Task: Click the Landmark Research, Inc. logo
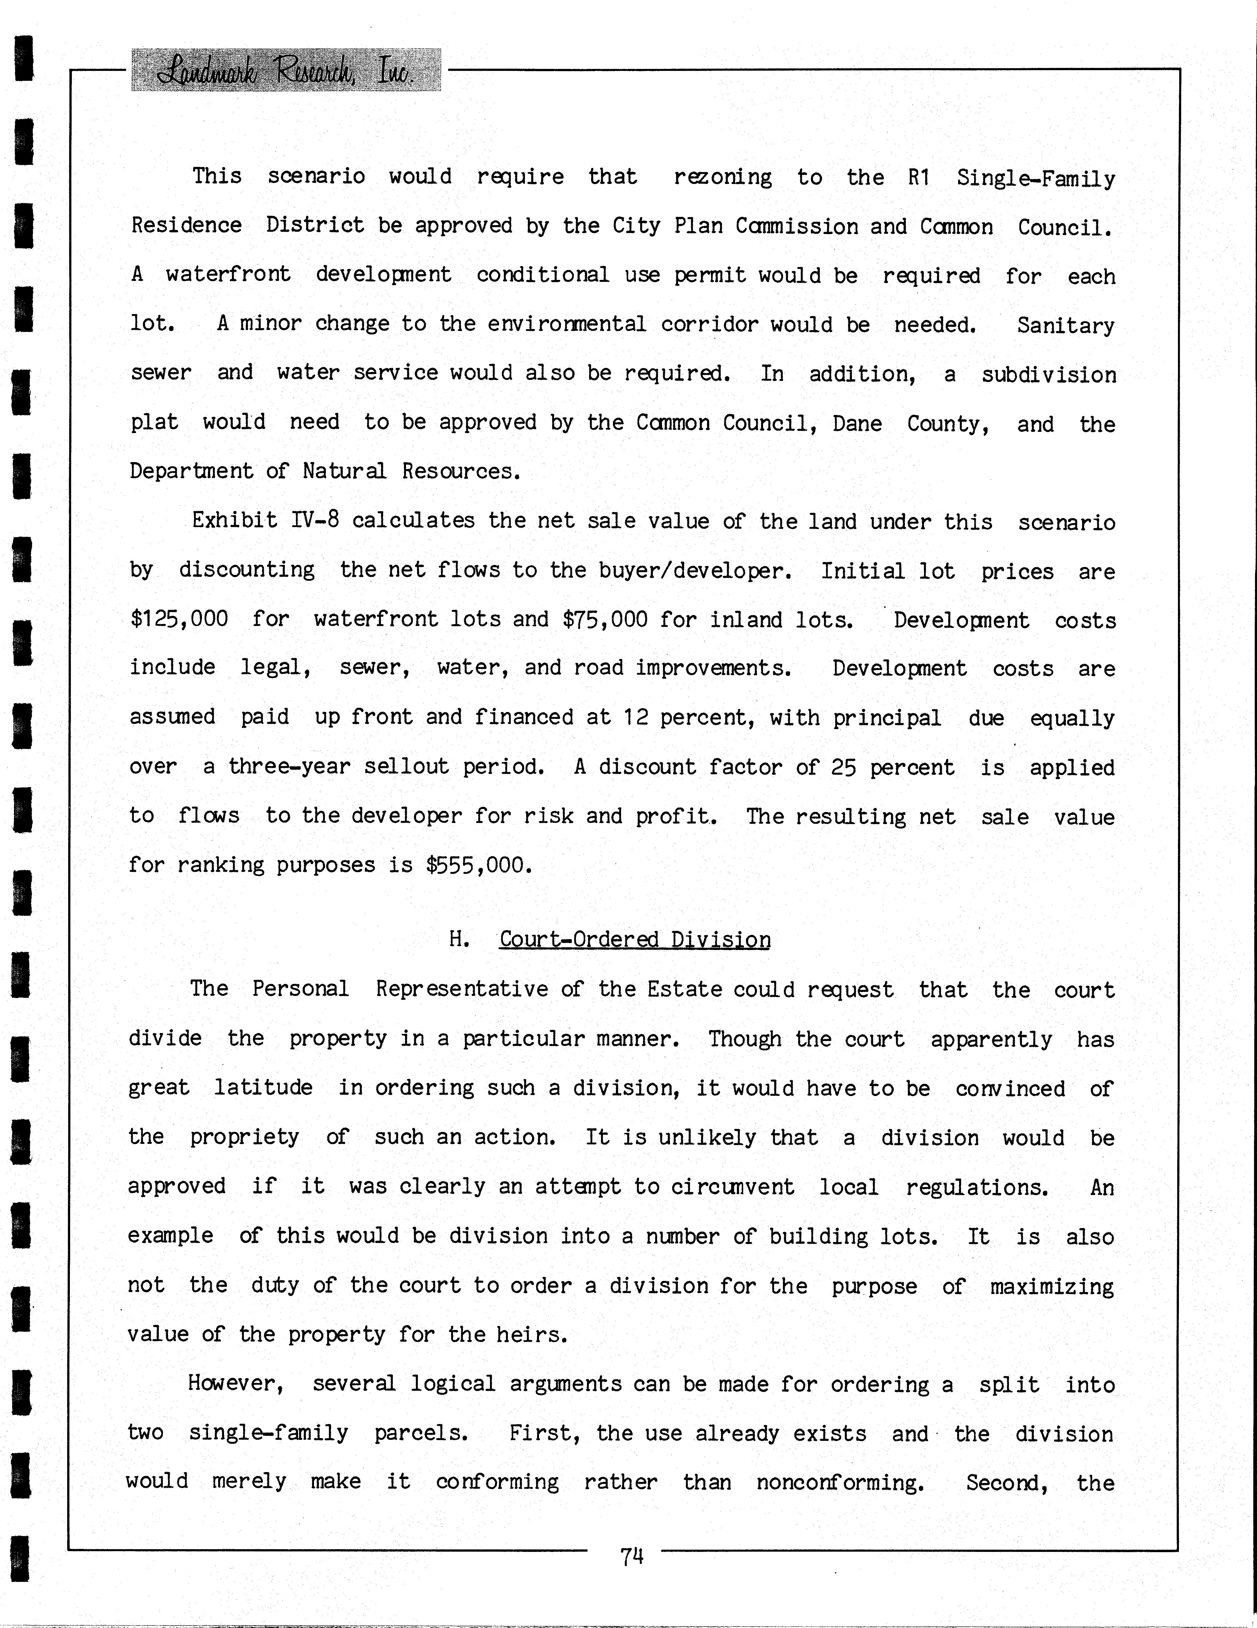point(285,70)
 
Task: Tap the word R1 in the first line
point(919,178)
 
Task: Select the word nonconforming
point(840,1482)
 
